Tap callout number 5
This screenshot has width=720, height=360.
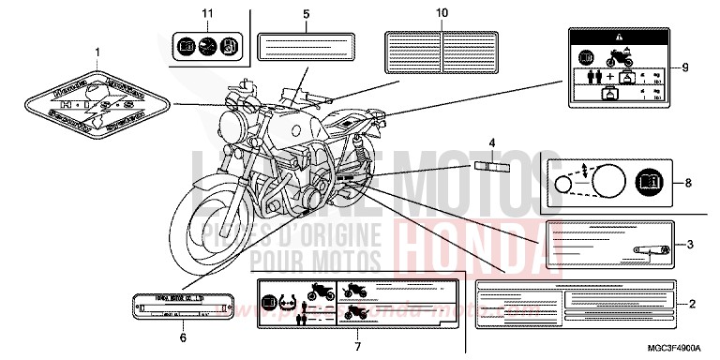coord(306,15)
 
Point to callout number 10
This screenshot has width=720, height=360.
coord(442,13)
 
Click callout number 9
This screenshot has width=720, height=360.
coord(684,67)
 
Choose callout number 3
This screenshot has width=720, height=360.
coord(690,245)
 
